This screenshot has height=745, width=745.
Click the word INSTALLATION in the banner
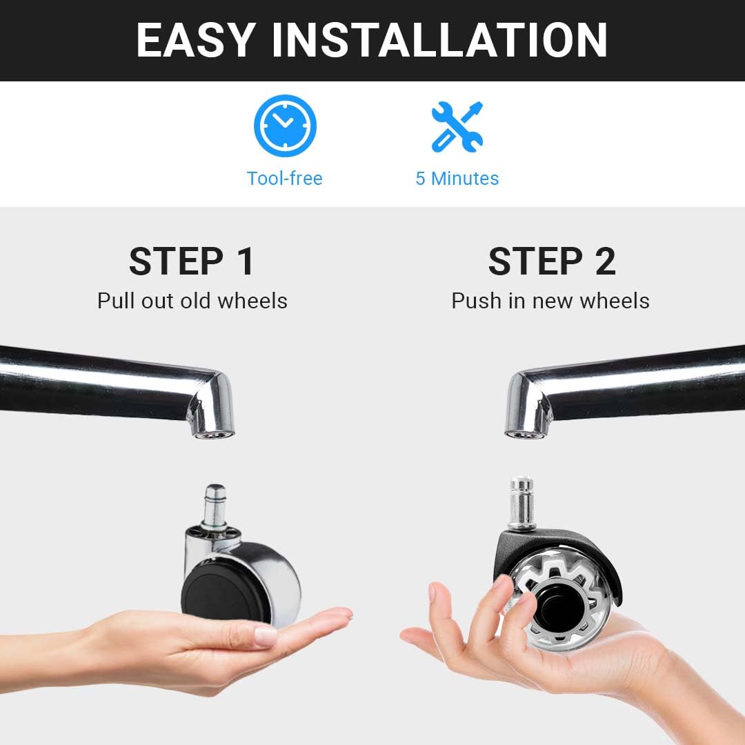(439, 41)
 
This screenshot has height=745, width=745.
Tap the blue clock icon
(285, 126)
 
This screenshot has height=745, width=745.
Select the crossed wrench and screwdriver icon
(457, 127)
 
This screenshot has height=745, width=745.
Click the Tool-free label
(285, 179)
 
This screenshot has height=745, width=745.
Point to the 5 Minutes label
(457, 179)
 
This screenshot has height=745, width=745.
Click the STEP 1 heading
(192, 261)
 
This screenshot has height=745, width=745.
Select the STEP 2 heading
(552, 261)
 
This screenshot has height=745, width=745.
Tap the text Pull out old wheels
(192, 301)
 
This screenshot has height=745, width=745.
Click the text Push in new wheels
(550, 301)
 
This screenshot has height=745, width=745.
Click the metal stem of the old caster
(215, 506)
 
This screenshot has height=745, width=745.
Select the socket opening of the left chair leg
(213, 435)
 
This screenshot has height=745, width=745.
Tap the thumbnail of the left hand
(266, 635)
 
